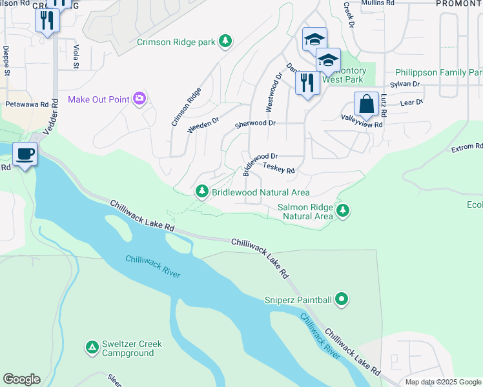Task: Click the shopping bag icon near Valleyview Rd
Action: point(366,104)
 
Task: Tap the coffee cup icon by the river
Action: point(25,155)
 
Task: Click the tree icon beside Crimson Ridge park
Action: point(225,42)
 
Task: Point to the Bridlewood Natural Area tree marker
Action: point(202,192)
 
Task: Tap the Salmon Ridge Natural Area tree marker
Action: point(343,210)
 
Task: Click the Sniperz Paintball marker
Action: point(342,299)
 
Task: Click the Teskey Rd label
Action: point(279,168)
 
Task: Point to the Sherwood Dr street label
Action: point(255,123)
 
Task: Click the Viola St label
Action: point(76,57)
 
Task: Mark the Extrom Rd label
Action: point(466,148)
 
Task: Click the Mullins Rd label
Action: point(378,3)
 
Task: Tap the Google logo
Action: point(21,379)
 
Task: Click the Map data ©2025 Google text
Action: point(442,382)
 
